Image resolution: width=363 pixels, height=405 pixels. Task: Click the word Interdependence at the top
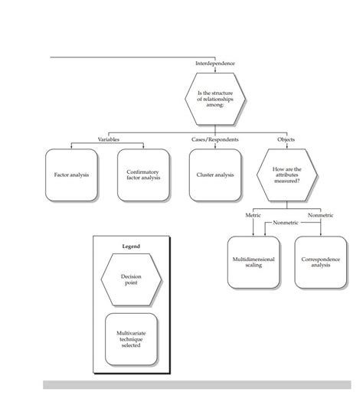point(215,63)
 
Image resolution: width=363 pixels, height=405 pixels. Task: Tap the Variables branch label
point(109,139)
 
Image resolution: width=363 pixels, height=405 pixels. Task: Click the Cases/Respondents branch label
point(215,139)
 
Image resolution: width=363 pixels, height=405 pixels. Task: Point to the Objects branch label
point(286,139)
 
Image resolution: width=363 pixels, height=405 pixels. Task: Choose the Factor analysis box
point(71,175)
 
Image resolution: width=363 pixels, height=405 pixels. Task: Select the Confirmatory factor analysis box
point(142,175)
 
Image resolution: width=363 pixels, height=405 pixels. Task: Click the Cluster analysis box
point(215,175)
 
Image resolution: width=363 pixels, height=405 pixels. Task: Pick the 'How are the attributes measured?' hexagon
point(286,175)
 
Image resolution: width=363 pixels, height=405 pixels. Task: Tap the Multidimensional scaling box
point(253,262)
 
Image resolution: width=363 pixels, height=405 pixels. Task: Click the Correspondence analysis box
point(320,262)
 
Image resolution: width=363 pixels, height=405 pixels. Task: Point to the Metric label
point(253,216)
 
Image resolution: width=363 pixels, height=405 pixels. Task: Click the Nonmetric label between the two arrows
point(286,223)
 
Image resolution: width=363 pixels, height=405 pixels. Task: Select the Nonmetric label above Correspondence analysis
point(320,216)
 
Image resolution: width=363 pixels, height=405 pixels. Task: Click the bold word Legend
point(132,247)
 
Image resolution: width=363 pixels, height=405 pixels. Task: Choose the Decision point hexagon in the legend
point(131,279)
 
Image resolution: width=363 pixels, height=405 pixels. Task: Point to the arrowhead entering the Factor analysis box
point(71,147)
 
